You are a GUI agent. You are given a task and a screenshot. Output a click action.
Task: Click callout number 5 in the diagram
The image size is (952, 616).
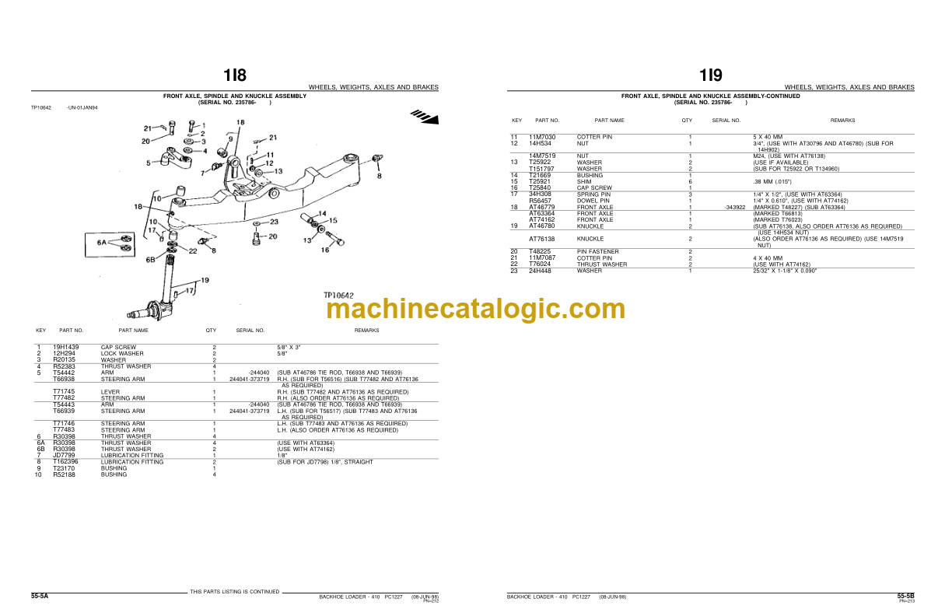click(149, 163)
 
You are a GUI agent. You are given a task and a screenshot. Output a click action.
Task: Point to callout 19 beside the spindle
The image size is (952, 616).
click(204, 279)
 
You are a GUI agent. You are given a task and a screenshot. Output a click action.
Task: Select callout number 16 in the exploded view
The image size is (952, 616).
click(325, 250)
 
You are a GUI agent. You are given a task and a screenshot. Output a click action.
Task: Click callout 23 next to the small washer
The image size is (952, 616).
click(273, 222)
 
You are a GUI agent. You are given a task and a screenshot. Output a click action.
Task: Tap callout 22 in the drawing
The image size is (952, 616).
click(192, 250)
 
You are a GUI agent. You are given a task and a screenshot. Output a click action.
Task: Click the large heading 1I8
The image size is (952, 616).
click(234, 75)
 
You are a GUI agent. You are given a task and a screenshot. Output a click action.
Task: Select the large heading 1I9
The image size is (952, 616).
click(710, 75)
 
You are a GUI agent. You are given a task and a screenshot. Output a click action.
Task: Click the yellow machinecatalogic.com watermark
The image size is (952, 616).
click(475, 309)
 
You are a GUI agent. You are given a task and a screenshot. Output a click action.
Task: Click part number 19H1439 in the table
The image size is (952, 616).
click(66, 347)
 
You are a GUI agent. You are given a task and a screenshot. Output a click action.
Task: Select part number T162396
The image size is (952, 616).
click(66, 462)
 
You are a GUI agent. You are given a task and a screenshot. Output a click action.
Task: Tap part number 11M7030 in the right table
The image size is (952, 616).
click(542, 137)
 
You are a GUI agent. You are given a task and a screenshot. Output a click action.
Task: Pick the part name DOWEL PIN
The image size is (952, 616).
click(593, 201)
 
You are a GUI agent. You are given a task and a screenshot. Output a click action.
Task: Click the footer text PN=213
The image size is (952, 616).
click(906, 600)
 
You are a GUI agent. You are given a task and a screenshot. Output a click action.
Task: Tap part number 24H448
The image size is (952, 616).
click(540, 271)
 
